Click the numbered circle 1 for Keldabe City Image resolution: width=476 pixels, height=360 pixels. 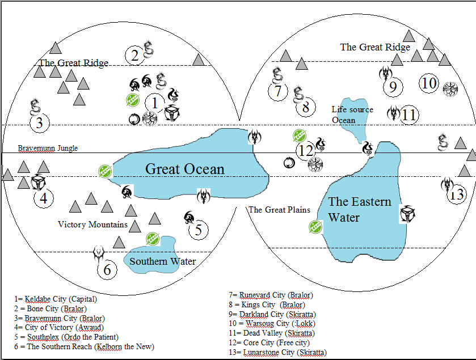click(154, 103)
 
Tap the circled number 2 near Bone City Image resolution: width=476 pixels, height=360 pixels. click(134, 55)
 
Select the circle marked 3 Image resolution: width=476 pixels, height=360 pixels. click(39, 123)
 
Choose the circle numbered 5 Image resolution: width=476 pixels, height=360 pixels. click(198, 230)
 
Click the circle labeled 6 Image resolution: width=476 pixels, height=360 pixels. click(107, 269)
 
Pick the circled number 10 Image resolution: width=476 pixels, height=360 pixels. click(429, 84)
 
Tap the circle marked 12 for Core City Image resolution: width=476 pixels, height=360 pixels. click(306, 151)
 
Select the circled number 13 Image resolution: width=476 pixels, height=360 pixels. click(457, 195)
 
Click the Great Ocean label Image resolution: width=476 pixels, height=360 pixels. click(185, 169)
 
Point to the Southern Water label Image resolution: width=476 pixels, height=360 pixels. click(162, 261)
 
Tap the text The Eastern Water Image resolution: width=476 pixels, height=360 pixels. click(359, 209)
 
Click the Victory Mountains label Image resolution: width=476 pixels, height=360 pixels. click(92, 225)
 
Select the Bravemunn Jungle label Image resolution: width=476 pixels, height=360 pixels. click(48, 148)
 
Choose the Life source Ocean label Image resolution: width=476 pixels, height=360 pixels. click(352, 115)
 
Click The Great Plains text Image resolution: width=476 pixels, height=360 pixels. click(279, 210)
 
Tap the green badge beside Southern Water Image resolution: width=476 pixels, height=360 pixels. click(151, 239)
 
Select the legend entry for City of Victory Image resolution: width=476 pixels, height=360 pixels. click(52, 327)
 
